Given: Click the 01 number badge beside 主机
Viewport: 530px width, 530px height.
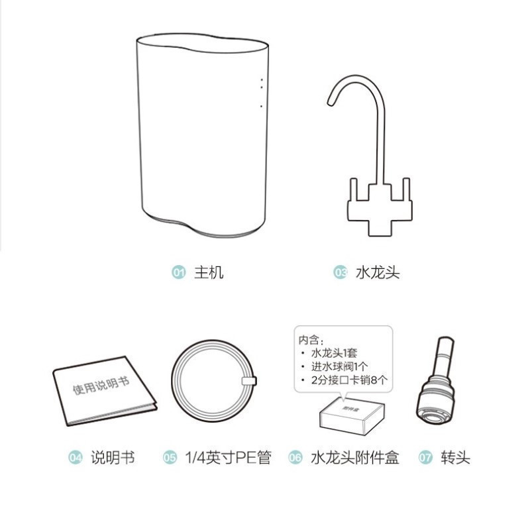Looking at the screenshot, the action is pyautogui.click(x=178, y=272).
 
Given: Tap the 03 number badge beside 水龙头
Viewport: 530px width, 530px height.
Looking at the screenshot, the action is pyautogui.click(x=340, y=272).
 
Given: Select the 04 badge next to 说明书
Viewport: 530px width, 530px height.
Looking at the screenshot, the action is pyautogui.click(x=75, y=458).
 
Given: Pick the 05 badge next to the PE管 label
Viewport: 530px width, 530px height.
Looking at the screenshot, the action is pyautogui.click(x=170, y=458).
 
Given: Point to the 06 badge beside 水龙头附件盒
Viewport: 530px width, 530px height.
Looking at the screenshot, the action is pyautogui.click(x=295, y=458).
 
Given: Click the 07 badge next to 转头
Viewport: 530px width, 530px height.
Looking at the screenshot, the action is pyautogui.click(x=425, y=458).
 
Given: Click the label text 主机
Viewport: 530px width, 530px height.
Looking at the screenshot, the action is pyautogui.click(x=209, y=272).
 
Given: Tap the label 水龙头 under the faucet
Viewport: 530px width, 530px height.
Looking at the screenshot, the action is pyautogui.click(x=378, y=272).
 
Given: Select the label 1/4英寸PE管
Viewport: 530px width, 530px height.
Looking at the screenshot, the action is pyautogui.click(x=228, y=458).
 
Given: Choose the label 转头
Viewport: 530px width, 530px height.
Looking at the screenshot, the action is pyautogui.click(x=455, y=458).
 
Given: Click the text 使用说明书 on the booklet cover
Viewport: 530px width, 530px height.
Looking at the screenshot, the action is pyautogui.click(x=101, y=385).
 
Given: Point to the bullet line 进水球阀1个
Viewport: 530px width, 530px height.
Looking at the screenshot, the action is pyautogui.click(x=339, y=366).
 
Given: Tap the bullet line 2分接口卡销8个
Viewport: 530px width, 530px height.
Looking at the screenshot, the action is pyautogui.click(x=349, y=380).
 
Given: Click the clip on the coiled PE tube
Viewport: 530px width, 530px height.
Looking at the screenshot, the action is pyautogui.click(x=249, y=380).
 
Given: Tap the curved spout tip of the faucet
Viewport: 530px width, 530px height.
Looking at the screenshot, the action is pyautogui.click(x=331, y=101).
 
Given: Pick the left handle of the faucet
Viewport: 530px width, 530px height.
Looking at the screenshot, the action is pyautogui.click(x=354, y=190).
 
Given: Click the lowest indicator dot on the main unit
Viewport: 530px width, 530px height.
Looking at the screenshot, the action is pyautogui.click(x=261, y=107).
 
